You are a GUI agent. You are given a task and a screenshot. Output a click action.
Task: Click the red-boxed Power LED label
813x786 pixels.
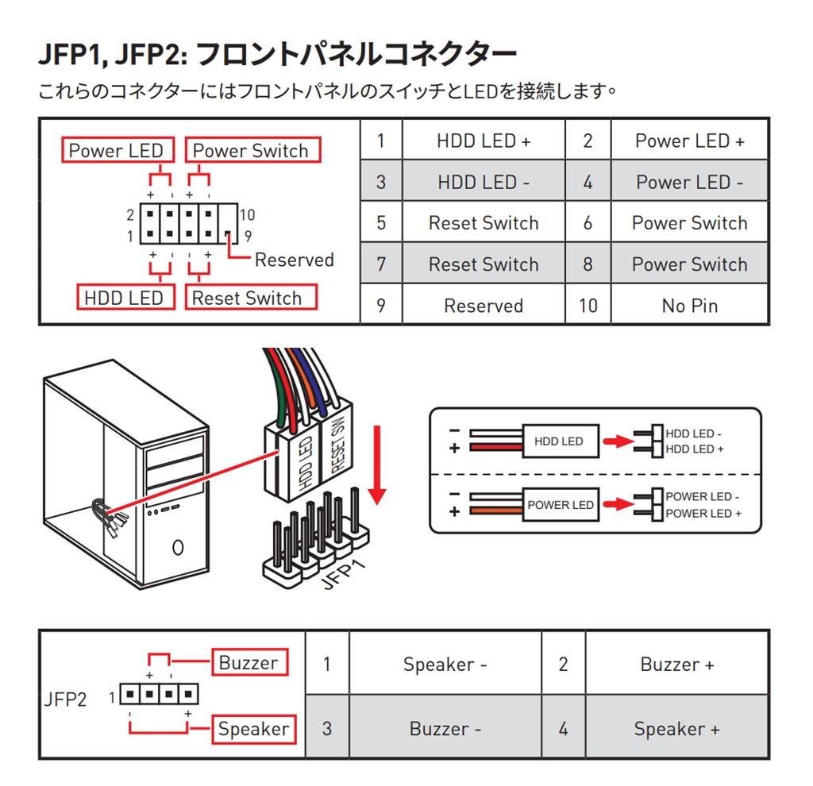(115, 150)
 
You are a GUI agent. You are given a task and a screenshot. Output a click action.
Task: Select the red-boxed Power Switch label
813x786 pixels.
(252, 150)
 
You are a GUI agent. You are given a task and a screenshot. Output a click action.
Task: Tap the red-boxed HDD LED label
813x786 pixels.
(124, 298)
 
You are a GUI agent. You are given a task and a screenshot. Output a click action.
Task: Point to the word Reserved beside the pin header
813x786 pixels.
(294, 260)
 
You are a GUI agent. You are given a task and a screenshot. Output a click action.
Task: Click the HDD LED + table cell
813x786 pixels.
(484, 141)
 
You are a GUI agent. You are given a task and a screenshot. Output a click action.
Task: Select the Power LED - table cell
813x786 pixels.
(689, 182)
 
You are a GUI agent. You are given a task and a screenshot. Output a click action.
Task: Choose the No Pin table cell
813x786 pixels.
(689, 306)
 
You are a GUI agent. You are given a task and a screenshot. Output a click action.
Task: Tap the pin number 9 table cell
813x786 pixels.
(381, 306)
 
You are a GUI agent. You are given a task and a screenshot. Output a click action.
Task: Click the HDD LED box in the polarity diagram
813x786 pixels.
(558, 441)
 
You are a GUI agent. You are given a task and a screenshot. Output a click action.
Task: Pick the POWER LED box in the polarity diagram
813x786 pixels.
(561, 505)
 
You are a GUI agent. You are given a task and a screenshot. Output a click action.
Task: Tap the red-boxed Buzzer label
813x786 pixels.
(249, 663)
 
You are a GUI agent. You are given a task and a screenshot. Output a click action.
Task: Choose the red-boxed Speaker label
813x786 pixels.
(253, 728)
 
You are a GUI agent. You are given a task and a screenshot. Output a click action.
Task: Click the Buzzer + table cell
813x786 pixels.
(676, 665)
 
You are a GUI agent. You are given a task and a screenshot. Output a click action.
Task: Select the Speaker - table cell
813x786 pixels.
(445, 665)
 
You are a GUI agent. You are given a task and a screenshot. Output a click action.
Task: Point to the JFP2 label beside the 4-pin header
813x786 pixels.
(64, 699)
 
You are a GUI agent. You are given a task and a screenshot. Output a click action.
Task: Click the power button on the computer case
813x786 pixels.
(178, 547)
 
